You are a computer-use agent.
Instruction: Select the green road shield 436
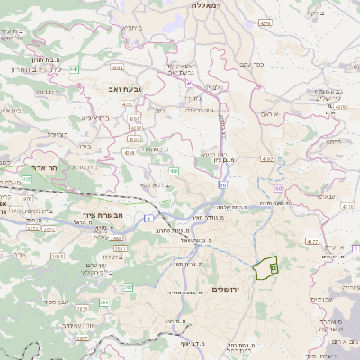click(x=173, y=170)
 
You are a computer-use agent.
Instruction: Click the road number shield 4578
click(x=265, y=23)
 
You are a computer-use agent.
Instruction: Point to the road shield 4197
click(x=266, y=158)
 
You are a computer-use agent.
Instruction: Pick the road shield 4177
click(x=312, y=241)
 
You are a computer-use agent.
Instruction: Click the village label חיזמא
click(x=334, y=141)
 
